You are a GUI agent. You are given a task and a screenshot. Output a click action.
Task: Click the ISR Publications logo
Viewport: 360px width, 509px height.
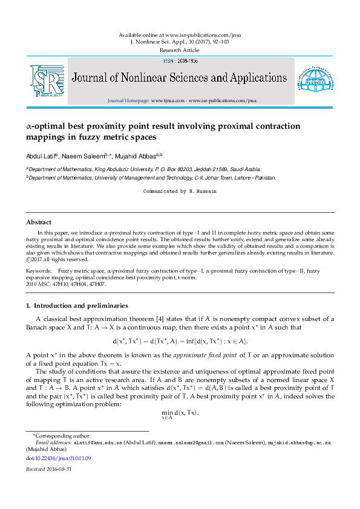(47, 81)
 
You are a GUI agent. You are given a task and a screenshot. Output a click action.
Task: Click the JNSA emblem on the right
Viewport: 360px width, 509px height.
(313, 80)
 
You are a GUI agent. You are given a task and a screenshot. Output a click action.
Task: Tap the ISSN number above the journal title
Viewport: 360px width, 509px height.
(180, 61)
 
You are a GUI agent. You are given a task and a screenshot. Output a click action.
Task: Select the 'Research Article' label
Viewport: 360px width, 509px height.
(180, 50)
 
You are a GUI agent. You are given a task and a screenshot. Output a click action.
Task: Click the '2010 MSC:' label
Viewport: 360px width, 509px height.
(39, 284)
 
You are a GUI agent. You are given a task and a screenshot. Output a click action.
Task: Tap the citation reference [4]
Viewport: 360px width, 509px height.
(160, 319)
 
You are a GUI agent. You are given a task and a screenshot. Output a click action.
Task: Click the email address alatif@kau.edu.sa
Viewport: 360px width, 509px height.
(97, 443)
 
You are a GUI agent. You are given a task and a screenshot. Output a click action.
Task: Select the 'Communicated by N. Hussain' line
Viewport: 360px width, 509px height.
(180, 191)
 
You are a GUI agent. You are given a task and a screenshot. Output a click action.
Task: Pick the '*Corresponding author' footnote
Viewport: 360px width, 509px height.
(54, 435)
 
